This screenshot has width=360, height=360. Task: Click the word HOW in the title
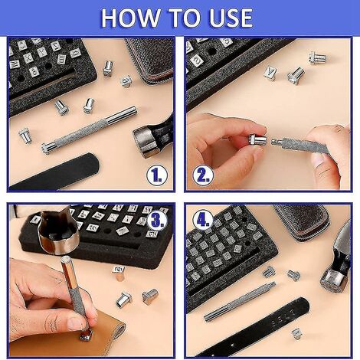click(x=129, y=18)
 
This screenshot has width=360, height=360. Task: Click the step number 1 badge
click(x=157, y=175)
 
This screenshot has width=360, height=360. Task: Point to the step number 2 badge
click(x=203, y=175)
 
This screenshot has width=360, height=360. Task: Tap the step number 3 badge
click(x=157, y=220)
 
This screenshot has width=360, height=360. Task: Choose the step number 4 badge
click(x=203, y=220)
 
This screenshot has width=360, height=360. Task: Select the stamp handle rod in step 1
click(x=90, y=129)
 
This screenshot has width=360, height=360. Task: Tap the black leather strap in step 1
click(x=55, y=173)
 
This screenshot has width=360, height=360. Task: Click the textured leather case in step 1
click(x=152, y=60)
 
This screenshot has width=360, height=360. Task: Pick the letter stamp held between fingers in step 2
click(x=257, y=140)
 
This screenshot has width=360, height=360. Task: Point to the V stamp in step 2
click(x=270, y=74)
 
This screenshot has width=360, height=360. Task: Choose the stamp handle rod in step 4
click(x=240, y=302)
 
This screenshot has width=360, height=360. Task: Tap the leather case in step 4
click(x=301, y=221)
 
